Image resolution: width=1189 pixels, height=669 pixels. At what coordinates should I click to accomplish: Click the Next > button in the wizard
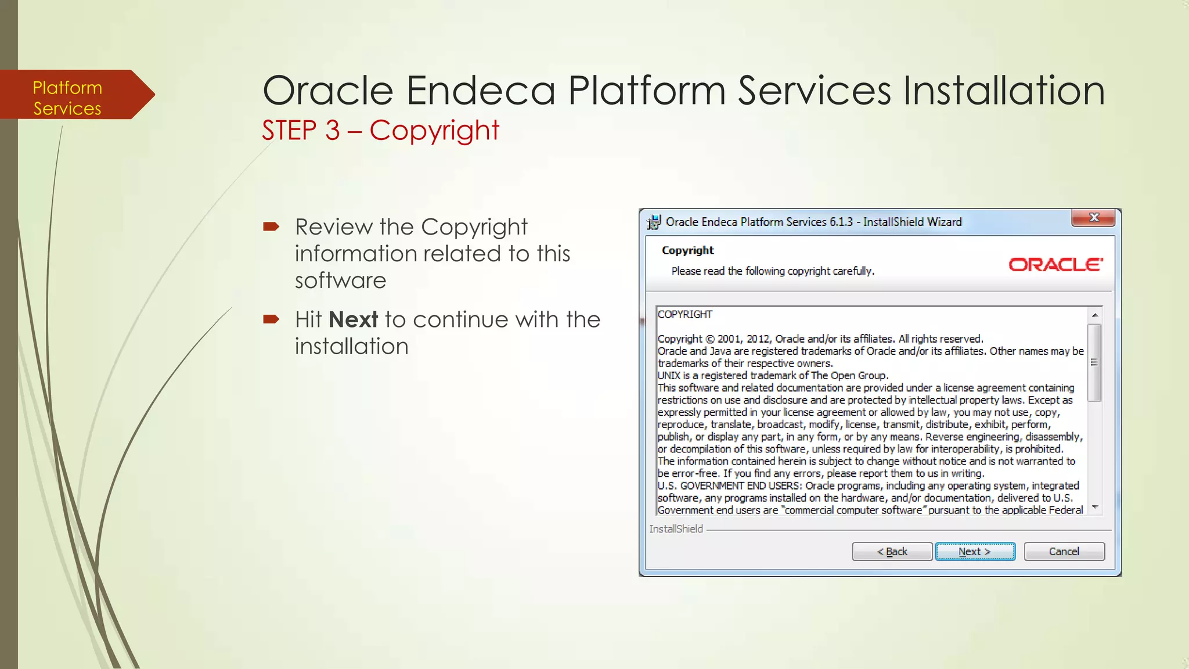point(975,551)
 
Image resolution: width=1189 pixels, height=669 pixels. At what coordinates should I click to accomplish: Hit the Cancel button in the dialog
point(1064,551)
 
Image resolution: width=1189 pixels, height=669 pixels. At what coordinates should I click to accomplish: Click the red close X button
point(1094,218)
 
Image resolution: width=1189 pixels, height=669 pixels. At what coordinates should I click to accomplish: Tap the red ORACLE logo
point(1055,265)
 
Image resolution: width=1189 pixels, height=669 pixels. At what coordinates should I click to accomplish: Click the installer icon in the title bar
point(654,222)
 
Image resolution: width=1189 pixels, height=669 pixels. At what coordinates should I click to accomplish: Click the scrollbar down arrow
point(1094,507)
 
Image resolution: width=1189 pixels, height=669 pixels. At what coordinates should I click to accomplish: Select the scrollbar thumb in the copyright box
point(1094,363)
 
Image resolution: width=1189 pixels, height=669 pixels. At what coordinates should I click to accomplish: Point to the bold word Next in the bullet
point(353,319)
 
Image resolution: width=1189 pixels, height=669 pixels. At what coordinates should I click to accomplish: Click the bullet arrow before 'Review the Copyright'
point(271,226)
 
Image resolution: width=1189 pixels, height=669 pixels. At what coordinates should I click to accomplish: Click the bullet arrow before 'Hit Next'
point(271,319)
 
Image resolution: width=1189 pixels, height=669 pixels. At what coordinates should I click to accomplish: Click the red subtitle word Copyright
point(434,130)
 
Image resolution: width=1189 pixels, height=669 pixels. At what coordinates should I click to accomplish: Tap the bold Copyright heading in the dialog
point(687,250)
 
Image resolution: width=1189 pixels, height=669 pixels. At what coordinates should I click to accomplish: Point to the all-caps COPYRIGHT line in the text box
point(685,314)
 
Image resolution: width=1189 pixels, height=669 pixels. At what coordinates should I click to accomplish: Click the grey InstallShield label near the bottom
point(676,529)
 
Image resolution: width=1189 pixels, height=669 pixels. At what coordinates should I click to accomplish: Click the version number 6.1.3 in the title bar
point(841,222)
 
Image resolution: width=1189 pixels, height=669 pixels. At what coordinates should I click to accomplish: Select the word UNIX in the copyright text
point(669,376)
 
